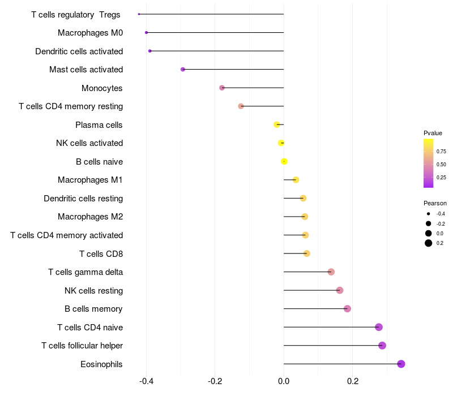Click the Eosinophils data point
(401, 364)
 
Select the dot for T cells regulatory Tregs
(139, 14)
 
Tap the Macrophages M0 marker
(146, 33)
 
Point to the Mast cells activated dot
(183, 70)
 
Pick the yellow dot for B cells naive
(284, 162)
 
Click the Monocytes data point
(222, 88)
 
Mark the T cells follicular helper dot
(382, 346)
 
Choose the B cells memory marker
(348, 309)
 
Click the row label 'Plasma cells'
(99, 125)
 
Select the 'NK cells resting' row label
(94, 291)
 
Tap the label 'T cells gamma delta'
(86, 272)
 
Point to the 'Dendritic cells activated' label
(79, 51)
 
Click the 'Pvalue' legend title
(433, 133)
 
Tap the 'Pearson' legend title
(435, 203)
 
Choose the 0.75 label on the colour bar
(441, 152)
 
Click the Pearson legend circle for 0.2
(429, 243)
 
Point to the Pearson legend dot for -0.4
(429, 214)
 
